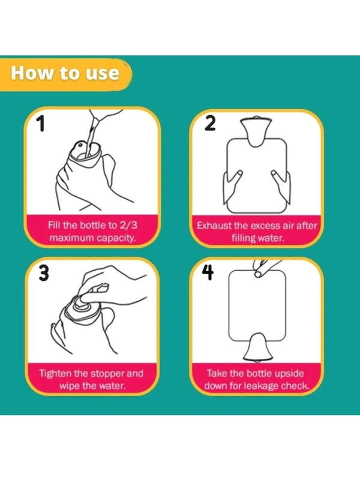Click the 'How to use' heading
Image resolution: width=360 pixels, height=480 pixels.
[x=65, y=73]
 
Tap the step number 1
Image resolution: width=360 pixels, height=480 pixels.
[x=40, y=123]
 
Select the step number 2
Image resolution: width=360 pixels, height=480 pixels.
[x=210, y=123]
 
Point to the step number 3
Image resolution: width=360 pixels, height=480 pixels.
[x=44, y=273]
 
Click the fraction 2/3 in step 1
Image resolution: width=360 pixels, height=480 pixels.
[x=128, y=226]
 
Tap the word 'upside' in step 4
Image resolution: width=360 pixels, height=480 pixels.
[x=289, y=374]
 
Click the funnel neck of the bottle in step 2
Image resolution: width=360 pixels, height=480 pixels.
[x=256, y=131]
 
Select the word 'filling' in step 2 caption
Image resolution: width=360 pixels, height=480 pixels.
[x=243, y=238]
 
